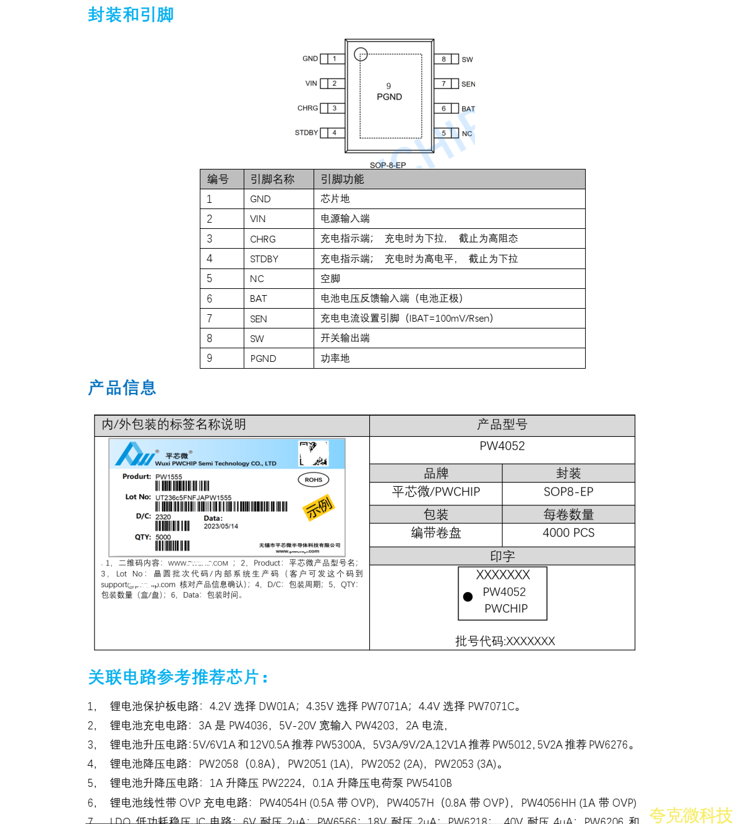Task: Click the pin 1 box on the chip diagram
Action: [x=335, y=59]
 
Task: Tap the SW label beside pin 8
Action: [x=467, y=60]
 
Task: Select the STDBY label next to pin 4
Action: [x=306, y=133]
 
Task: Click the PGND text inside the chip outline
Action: [x=389, y=97]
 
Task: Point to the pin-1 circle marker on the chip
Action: [x=361, y=54]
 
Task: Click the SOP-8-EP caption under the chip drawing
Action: [x=388, y=165]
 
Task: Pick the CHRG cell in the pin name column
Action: [x=263, y=239]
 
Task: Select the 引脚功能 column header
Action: [x=342, y=179]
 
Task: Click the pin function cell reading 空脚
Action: [x=330, y=279]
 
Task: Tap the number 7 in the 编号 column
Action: [x=210, y=319]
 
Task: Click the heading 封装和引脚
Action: [x=131, y=15]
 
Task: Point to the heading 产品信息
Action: [x=122, y=388]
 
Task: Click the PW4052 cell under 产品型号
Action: [x=502, y=446]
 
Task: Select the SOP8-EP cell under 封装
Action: [x=568, y=492]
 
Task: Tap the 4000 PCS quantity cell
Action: [x=568, y=533]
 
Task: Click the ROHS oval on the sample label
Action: [x=314, y=479]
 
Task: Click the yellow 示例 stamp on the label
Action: [x=319, y=507]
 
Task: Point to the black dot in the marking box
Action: [x=468, y=597]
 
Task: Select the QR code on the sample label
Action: [x=314, y=453]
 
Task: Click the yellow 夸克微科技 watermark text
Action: [x=690, y=815]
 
